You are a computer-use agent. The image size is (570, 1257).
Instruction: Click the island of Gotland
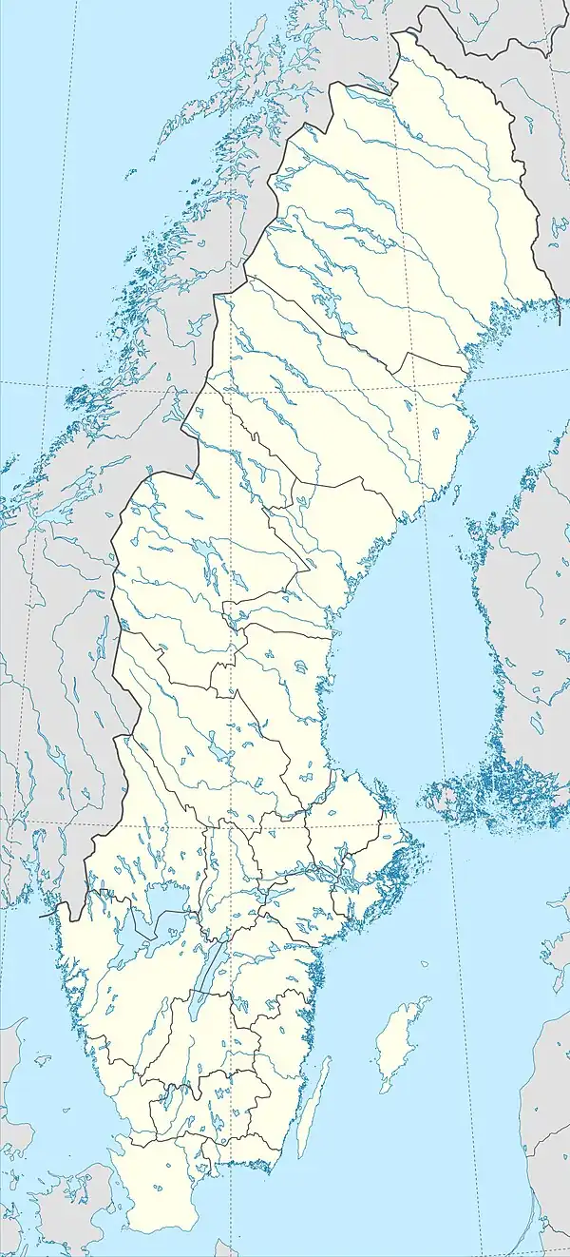coord(397,1041)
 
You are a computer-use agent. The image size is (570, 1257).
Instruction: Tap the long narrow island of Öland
coord(311,1108)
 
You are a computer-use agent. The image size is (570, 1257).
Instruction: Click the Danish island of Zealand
coord(71,1208)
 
